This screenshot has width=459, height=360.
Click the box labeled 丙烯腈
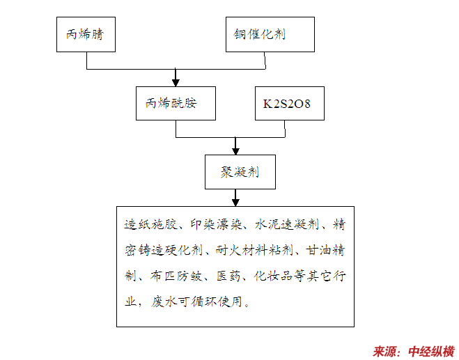pyautogui.click(x=86, y=34)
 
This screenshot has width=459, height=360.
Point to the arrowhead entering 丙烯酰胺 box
pyautogui.click(x=177, y=81)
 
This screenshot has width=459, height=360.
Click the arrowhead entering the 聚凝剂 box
pyautogui.click(x=236, y=149)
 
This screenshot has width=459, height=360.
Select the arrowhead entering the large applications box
pyautogui.click(x=236, y=201)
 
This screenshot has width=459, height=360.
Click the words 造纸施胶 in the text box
pyautogui.click(x=148, y=225)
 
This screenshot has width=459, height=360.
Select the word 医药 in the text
pyautogui.click(x=228, y=276)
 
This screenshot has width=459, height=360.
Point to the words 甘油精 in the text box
pyautogui.click(x=328, y=250)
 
